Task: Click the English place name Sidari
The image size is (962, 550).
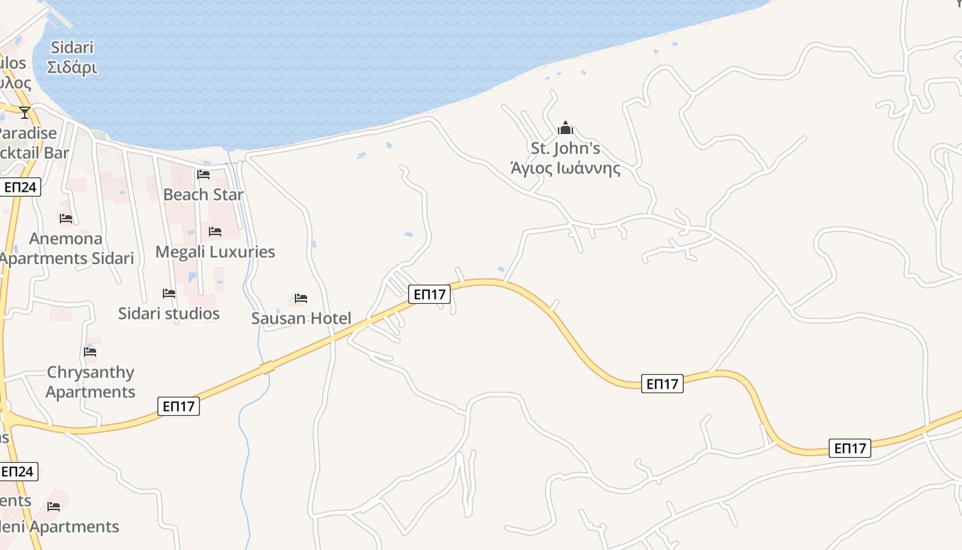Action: coord(72,48)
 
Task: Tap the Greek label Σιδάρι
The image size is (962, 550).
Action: coord(72,67)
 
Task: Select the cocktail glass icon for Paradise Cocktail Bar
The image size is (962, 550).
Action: coord(25,113)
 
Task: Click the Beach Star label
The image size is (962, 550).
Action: coord(203,195)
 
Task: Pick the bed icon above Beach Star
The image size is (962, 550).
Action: coord(203,175)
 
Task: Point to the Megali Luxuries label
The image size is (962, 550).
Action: coord(215,252)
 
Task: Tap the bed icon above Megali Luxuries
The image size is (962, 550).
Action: coord(215,232)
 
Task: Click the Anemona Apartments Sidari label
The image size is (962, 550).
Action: coord(66,248)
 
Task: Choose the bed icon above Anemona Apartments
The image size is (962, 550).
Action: coord(66,219)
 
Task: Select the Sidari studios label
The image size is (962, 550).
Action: coord(169,313)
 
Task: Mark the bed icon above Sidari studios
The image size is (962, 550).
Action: coord(169,294)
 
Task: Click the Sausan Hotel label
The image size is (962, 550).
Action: coord(301,318)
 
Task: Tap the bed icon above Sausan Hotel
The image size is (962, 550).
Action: coord(301,298)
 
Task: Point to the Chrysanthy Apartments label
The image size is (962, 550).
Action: coord(91,382)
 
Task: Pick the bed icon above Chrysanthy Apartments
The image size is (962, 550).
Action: coord(90,352)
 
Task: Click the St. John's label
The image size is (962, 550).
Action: coord(566,148)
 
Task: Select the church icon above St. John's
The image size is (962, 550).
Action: coord(566,128)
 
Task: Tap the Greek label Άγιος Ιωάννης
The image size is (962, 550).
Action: coord(566,168)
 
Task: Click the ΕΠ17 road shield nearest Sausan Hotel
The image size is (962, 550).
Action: coord(429,294)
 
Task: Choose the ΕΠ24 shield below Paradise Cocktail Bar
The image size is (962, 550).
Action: coord(19,187)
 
